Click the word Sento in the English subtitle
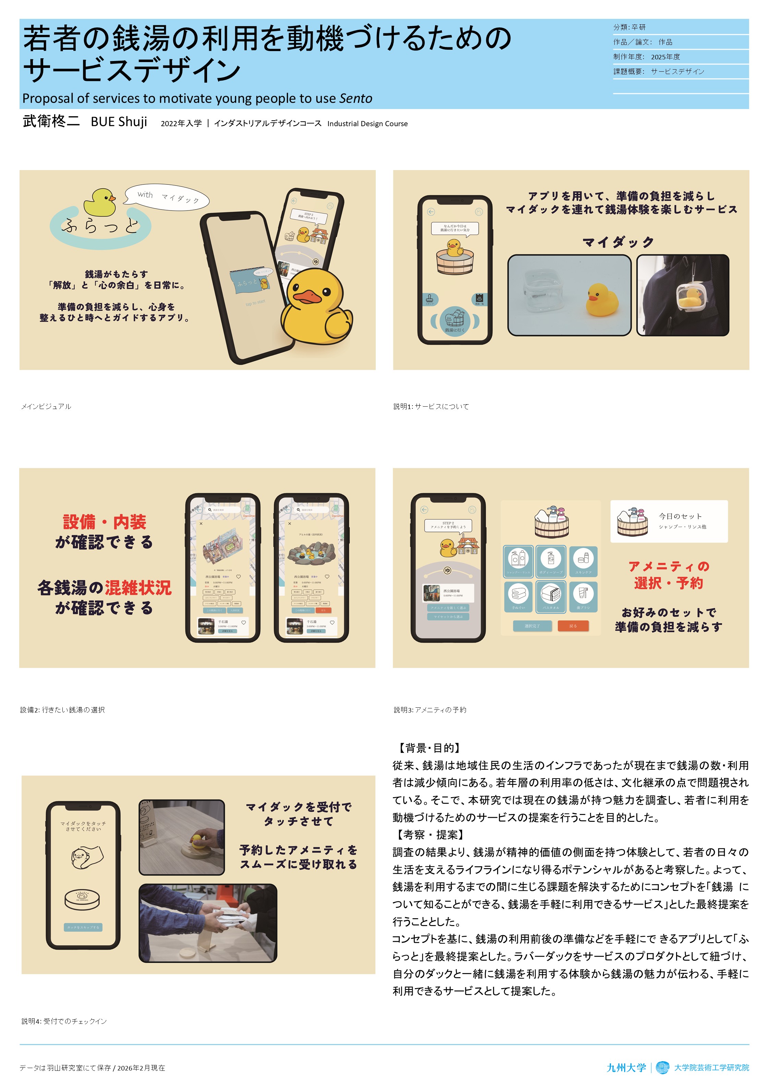tap(356, 98)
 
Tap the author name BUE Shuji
tap(119, 122)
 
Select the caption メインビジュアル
tap(46, 406)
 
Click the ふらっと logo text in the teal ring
tap(100, 226)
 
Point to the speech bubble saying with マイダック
tap(167, 196)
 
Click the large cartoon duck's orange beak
tap(309, 296)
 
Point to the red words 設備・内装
tap(105, 522)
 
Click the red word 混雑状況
tap(138, 588)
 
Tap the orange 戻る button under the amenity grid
tap(573, 626)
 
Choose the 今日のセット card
tap(669, 521)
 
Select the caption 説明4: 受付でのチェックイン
tap(64, 1021)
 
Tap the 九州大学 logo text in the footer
tap(626, 1068)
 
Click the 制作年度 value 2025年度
tap(665, 57)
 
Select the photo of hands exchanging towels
tap(207, 923)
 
